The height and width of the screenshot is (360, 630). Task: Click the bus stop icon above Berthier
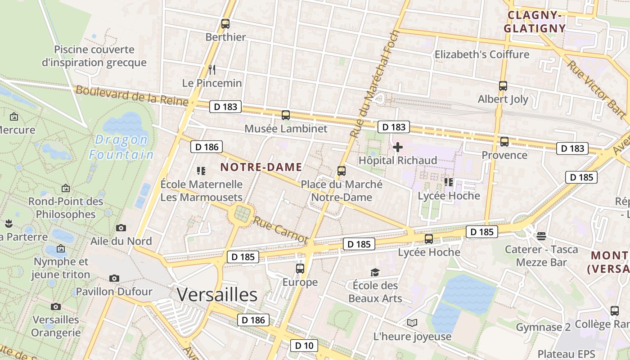pos(225,24)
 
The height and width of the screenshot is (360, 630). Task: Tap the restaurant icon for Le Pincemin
pos(212,69)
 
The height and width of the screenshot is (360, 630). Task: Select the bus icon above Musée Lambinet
pos(286,115)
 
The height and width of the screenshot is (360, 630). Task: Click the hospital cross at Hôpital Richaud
pos(398,147)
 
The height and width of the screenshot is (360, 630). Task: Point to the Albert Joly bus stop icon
pos(503,85)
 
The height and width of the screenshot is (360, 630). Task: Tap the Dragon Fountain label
pos(121,147)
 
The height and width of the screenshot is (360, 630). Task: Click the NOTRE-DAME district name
pos(261,167)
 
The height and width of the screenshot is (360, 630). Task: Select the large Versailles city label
pos(217,295)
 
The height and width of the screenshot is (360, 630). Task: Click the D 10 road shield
pos(304,346)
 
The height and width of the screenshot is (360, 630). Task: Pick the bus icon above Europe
pos(300,269)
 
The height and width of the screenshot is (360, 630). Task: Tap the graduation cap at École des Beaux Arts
pos(375,272)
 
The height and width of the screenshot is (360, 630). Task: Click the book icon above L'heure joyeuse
pos(412,323)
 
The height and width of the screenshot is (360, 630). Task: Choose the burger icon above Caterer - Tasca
pos(541,236)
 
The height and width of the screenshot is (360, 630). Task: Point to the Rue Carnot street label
pos(280,230)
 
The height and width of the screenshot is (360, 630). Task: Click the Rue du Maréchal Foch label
pos(374,85)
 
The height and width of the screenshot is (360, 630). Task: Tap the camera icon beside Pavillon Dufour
pos(114,278)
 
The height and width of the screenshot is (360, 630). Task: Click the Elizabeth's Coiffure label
pos(481,54)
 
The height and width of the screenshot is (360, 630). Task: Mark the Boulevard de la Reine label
pos(131,95)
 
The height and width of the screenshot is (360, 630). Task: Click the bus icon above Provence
pos(504,142)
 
